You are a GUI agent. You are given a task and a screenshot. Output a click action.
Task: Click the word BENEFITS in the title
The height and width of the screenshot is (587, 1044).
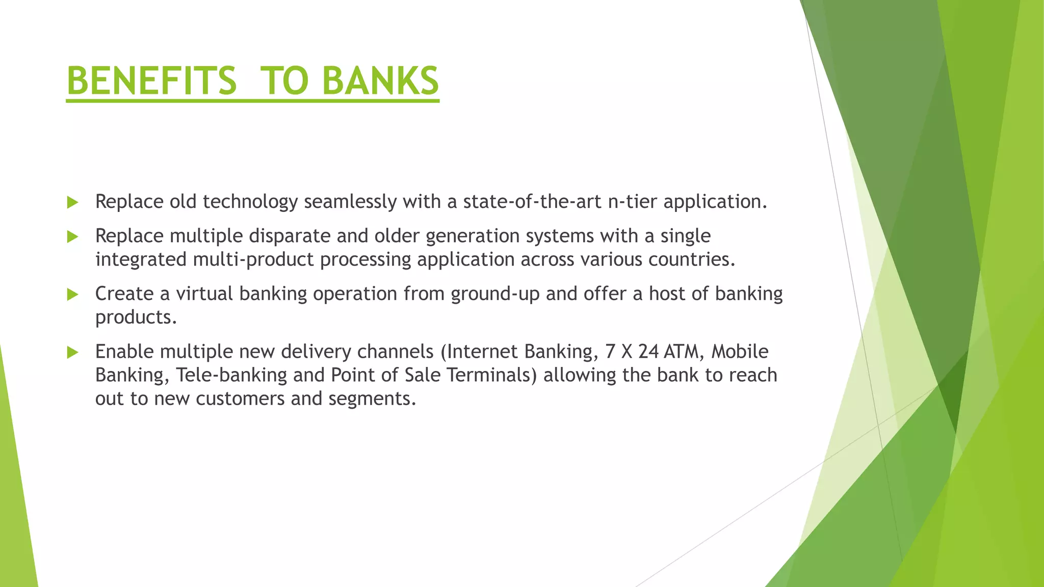pos(151,81)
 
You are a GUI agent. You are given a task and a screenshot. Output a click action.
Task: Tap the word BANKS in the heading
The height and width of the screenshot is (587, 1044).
pos(380,81)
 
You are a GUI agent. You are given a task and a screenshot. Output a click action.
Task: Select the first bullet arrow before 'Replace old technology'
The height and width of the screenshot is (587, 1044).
pos(72,203)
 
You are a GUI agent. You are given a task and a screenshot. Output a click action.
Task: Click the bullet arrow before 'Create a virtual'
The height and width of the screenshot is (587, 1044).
pos(72,295)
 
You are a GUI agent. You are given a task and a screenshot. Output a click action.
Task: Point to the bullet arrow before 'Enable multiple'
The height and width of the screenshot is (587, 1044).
pos(72,352)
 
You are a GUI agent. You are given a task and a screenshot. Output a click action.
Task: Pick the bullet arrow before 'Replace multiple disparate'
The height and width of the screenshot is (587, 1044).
pos(72,237)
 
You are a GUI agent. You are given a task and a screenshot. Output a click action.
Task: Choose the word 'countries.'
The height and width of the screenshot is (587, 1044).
pos(692,260)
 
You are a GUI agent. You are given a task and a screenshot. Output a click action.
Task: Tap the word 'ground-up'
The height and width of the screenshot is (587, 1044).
pos(495,295)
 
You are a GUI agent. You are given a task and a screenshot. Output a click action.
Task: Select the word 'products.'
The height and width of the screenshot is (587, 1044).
pos(136,318)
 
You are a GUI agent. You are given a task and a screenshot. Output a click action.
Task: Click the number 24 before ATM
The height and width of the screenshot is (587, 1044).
pos(649,352)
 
